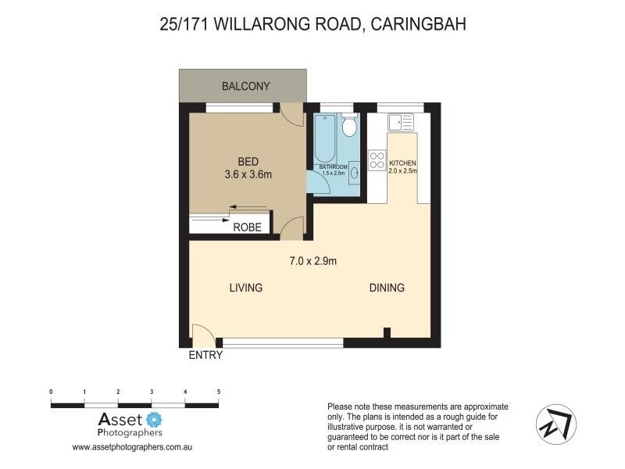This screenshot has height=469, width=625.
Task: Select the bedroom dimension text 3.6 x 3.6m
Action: coord(248,174)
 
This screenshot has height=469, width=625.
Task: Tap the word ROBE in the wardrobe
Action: coord(248,227)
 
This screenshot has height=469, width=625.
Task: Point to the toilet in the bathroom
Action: coord(349,126)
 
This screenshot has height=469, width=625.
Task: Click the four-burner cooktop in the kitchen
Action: coord(377,160)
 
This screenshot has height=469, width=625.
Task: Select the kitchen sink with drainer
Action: coord(400,123)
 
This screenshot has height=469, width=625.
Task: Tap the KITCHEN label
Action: coord(403,163)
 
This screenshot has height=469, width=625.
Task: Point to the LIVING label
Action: coord(245,288)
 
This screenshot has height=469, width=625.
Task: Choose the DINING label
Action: coord(387,288)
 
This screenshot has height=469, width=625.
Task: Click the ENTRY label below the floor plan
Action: coord(205,355)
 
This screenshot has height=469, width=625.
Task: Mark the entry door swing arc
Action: coord(203,334)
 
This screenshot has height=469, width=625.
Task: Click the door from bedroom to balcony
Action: coord(291,114)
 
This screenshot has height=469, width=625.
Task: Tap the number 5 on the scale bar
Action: coord(219,391)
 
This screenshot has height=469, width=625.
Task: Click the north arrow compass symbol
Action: coord(556,424)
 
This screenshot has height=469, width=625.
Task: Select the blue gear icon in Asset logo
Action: coord(154,420)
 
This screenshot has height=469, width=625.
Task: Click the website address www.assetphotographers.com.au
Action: coord(132,448)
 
